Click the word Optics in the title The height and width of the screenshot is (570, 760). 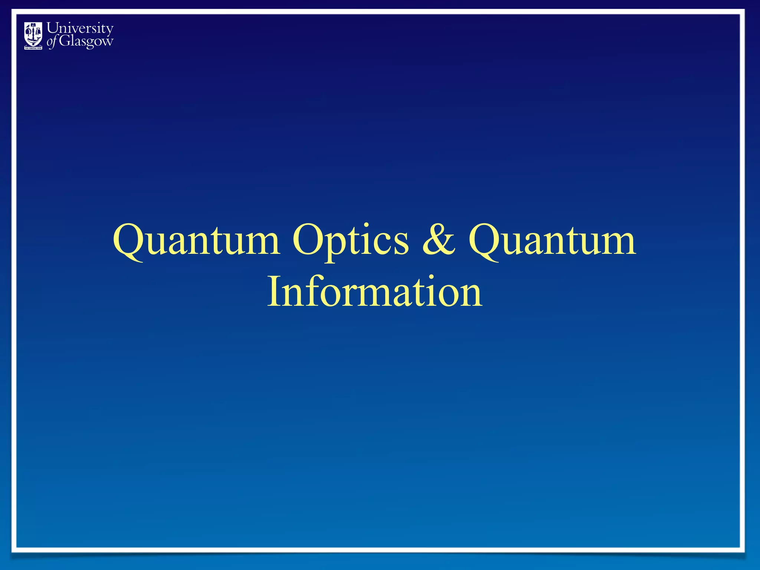[350, 241]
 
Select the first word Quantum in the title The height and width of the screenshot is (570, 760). [196, 241]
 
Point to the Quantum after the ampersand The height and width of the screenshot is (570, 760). [552, 241]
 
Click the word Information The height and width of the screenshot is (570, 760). [375, 293]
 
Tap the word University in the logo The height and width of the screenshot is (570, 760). [80, 29]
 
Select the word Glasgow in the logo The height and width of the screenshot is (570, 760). [86, 41]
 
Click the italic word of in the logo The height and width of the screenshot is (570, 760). [52, 42]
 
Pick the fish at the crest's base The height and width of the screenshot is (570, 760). [33, 42]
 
